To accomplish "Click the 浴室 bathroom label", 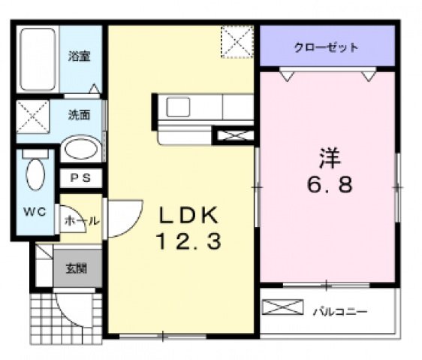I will click(x=80, y=56).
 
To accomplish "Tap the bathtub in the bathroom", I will click(x=38, y=59).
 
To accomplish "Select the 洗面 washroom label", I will click(x=80, y=115).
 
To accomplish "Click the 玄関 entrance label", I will click(x=76, y=268).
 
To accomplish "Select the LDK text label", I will click(x=187, y=216).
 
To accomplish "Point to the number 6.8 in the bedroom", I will click(x=329, y=183).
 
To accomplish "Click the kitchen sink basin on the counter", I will click(x=179, y=107).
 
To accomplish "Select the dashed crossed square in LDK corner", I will click(x=239, y=41).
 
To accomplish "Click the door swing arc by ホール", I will click(x=124, y=218).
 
